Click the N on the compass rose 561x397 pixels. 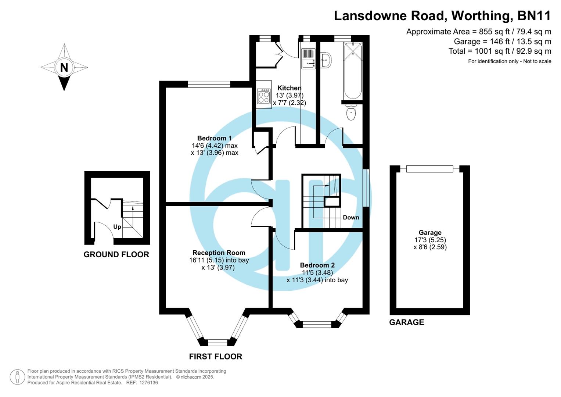click(x=64, y=67)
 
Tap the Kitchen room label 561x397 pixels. click(x=289, y=88)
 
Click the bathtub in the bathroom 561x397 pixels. click(x=353, y=71)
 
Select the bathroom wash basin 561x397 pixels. click(x=326, y=60)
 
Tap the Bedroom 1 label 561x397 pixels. click(x=214, y=138)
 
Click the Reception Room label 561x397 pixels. click(x=219, y=253)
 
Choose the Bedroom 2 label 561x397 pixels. click(x=317, y=265)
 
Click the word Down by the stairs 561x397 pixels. click(x=351, y=217)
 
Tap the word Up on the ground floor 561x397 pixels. click(x=117, y=227)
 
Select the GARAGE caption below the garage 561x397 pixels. click(x=406, y=322)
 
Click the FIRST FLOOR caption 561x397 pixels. click(x=215, y=356)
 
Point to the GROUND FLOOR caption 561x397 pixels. click(x=116, y=254)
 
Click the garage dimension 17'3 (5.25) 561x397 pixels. click(x=430, y=240)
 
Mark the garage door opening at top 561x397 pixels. click(x=429, y=169)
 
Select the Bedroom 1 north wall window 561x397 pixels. click(x=209, y=84)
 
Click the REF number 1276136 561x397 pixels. click(x=147, y=383)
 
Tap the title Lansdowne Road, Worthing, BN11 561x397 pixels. click(x=442, y=16)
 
